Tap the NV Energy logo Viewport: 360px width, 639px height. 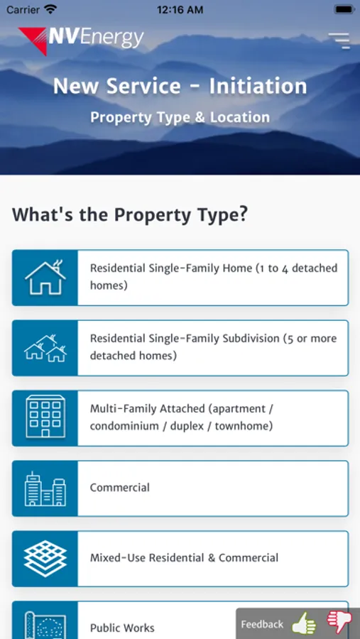click(81, 40)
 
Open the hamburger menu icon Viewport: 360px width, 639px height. click(339, 40)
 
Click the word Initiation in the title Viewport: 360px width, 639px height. click(258, 86)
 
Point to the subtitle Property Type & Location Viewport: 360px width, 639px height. click(180, 117)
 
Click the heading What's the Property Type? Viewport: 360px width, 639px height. click(130, 214)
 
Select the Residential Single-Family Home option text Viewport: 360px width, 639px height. click(214, 277)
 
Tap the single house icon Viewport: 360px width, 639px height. click(45, 278)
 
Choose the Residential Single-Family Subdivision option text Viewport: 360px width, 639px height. click(213, 347)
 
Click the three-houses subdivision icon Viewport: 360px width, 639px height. click(45, 348)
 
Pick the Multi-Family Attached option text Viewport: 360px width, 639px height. click(182, 417)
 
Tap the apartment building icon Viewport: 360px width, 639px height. click(45, 417)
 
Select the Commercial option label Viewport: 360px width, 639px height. click(120, 487)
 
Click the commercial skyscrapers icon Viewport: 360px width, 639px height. click(45, 488)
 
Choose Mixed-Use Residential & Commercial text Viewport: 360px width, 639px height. click(185, 558)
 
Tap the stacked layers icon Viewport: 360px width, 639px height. click(45, 559)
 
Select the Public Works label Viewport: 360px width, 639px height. click(122, 628)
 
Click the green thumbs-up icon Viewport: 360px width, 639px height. click(305, 623)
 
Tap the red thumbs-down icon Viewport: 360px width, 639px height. click(339, 621)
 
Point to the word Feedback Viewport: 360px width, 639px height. click(262, 624)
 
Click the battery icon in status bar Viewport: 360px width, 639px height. click(344, 10)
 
